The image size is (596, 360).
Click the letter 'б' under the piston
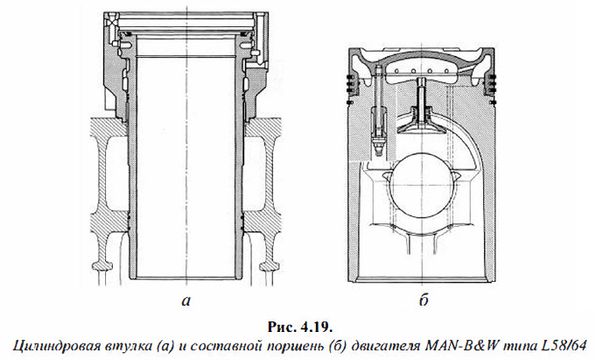tap(424, 302)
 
